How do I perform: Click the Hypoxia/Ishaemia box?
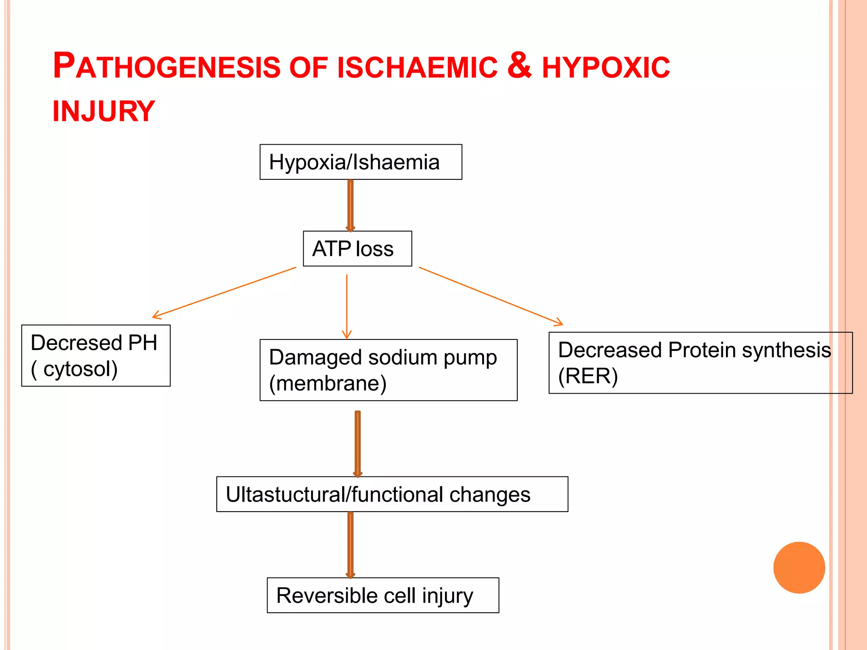coord(361,162)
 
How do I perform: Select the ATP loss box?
coord(357,248)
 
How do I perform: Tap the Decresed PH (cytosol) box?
coord(96,355)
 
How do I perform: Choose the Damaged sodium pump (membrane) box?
coord(388,370)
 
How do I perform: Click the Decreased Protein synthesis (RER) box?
coord(700,363)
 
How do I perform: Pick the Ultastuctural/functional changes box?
coord(392,494)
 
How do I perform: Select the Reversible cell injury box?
coord(383,595)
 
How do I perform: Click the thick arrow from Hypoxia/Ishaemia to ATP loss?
coord(351,205)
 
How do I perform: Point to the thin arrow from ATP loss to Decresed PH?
coord(224,292)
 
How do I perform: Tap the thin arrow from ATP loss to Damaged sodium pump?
coord(347,307)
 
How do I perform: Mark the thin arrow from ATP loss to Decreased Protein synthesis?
coord(491,296)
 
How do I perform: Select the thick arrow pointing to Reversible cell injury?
coord(351,545)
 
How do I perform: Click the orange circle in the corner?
coord(799,567)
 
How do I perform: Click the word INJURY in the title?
coord(104,111)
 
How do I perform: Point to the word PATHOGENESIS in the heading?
coord(166,66)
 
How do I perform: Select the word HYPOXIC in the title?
coord(606,67)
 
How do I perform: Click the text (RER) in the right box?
coord(588,376)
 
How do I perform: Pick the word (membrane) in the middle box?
coord(328,383)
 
